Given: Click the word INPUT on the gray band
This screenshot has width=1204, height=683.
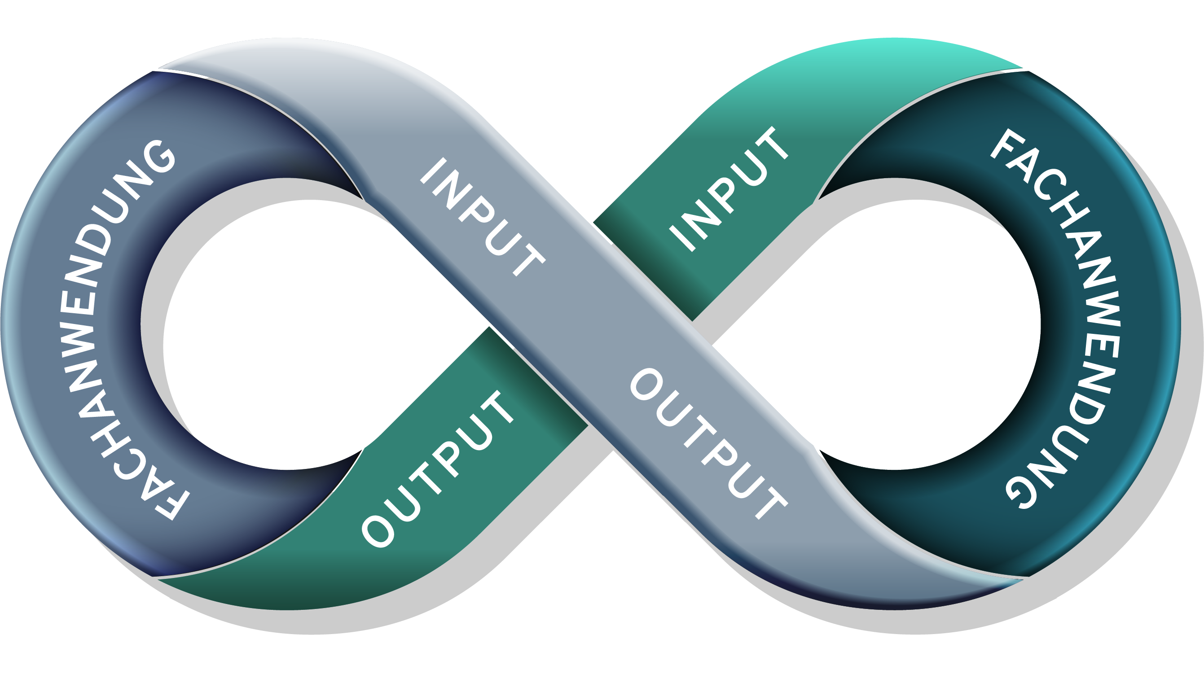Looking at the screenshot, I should click(x=482, y=217).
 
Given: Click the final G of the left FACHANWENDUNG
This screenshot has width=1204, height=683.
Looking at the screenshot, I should click(x=159, y=157).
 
